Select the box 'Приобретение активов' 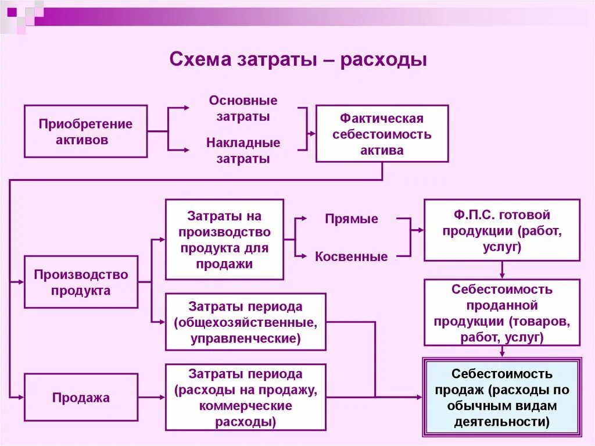[x=85, y=131]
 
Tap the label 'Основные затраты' [x=243, y=108]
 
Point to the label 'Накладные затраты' [x=243, y=150]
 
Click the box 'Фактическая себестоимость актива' [x=382, y=133]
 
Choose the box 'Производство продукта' [x=81, y=281]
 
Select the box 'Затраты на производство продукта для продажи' [x=224, y=240]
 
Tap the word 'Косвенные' [x=352, y=256]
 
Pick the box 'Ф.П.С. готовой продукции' [x=501, y=230]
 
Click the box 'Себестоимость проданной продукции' [x=501, y=312]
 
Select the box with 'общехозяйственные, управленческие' [x=245, y=322]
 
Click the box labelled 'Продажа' [x=81, y=398]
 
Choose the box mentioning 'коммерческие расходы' [x=245, y=397]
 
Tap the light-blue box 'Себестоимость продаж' [x=501, y=397]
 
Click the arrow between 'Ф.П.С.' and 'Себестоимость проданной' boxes [x=502, y=270]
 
